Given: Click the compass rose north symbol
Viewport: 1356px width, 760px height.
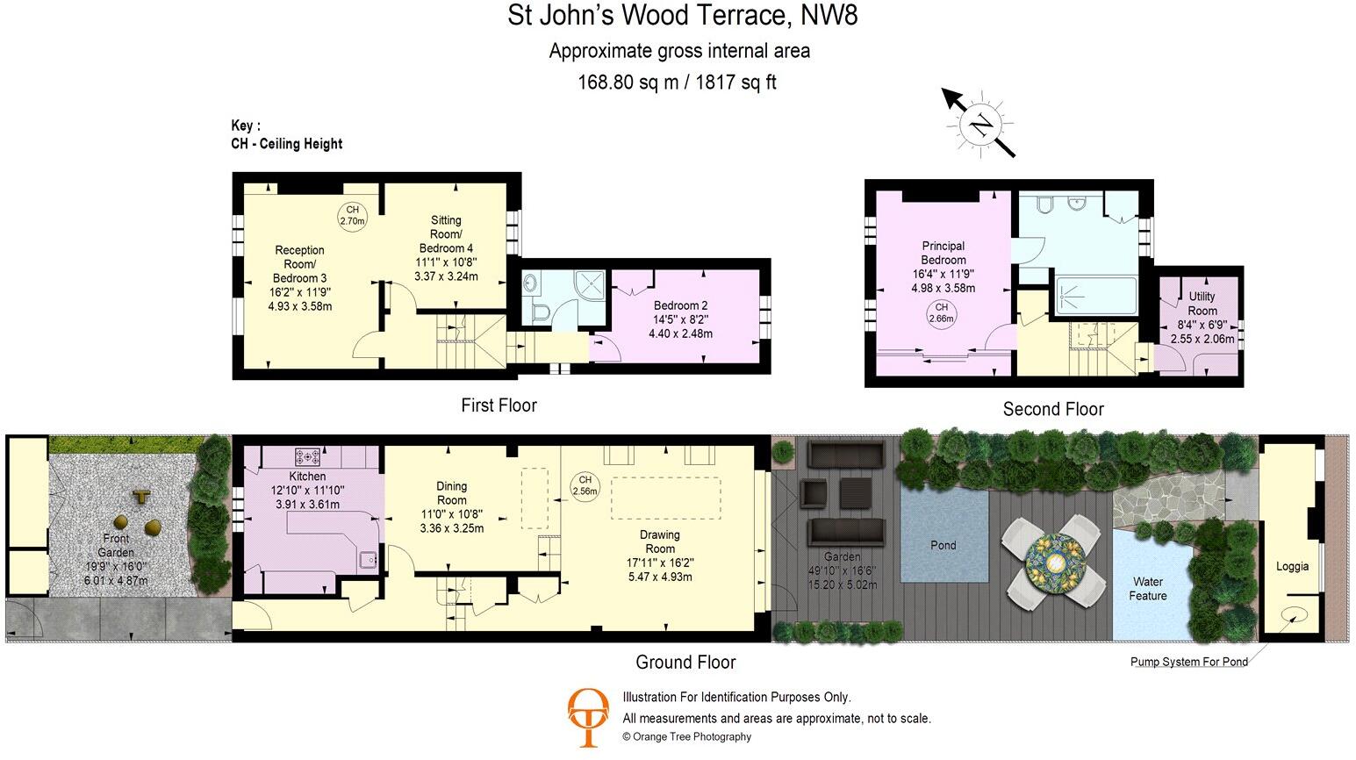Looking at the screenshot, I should [x=980, y=125].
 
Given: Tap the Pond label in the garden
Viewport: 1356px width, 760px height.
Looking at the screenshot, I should [x=943, y=545].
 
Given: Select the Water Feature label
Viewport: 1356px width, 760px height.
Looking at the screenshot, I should [x=1148, y=588].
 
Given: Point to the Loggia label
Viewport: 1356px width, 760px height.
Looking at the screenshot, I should [x=1292, y=566].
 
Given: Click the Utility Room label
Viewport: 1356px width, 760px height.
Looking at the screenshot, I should [x=1202, y=304].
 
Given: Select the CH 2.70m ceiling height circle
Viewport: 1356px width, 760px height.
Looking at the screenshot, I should [x=352, y=215].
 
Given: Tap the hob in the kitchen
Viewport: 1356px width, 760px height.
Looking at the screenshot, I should [x=308, y=456].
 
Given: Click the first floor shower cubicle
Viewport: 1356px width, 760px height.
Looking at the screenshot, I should [x=591, y=285].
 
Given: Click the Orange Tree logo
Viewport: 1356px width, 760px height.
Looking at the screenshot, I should [x=588, y=716].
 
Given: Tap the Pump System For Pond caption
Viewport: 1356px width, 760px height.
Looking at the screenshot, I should [x=1188, y=662].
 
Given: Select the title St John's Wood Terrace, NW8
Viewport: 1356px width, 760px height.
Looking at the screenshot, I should [x=682, y=16].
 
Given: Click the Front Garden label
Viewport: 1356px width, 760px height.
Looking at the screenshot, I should [x=116, y=545].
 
